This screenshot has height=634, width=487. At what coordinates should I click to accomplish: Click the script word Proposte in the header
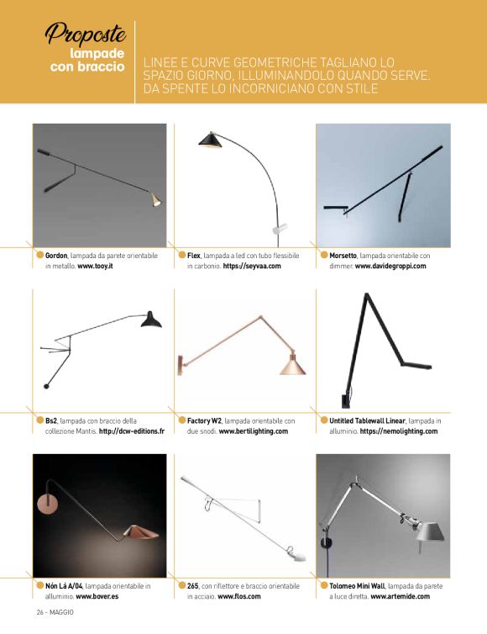(x=86, y=33)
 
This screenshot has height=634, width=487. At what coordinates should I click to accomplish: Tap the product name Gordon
(x=56, y=256)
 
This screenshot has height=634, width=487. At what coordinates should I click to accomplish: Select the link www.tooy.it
(x=95, y=266)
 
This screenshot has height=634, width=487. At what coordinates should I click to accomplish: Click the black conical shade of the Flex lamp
(x=210, y=140)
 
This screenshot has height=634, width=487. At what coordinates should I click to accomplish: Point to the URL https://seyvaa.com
(x=252, y=266)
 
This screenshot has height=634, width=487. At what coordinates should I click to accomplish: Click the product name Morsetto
(x=343, y=256)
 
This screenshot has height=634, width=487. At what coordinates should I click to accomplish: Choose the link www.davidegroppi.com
(x=390, y=266)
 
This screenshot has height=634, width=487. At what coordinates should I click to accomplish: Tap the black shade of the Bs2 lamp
(x=151, y=320)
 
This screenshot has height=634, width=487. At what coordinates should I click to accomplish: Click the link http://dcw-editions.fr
(x=132, y=431)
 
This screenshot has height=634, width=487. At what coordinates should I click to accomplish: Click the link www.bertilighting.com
(x=254, y=431)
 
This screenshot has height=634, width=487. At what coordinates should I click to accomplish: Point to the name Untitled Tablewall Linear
(x=367, y=420)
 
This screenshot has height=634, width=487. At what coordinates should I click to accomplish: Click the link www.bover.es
(x=97, y=596)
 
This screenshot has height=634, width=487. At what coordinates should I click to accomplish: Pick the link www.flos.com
(x=239, y=596)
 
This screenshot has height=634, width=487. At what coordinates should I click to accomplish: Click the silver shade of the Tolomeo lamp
(x=429, y=531)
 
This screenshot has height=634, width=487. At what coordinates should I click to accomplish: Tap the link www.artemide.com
(x=400, y=596)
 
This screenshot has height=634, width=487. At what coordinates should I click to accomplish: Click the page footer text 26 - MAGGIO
(x=55, y=612)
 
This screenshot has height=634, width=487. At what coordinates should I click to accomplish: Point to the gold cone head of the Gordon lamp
(x=155, y=200)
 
